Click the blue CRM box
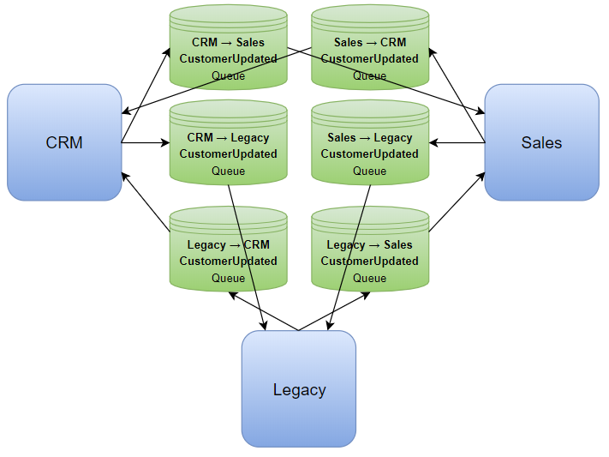(64, 142)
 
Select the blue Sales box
(541, 142)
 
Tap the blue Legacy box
(299, 389)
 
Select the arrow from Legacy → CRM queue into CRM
(146, 202)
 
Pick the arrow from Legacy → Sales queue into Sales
(456, 202)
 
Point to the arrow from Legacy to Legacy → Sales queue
(335, 310)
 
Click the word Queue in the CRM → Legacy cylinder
(228, 171)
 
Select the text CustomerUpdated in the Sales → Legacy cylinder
(370, 154)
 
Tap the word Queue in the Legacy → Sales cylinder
(370, 278)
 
